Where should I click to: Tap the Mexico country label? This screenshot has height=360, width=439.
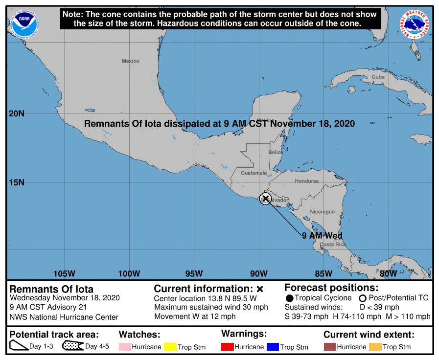[130, 61]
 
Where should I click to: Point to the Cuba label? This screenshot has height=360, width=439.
[378, 77]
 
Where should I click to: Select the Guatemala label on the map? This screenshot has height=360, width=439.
[254, 173]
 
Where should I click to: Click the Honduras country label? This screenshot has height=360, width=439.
[306, 181]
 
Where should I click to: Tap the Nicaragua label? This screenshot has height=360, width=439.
[322, 212]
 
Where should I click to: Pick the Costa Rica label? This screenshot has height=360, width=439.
[333, 244]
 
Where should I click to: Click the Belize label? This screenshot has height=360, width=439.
[276, 153]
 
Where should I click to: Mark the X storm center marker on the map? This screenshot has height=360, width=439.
[265, 198]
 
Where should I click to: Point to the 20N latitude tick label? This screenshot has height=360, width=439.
[17, 113]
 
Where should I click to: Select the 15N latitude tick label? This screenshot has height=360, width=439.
[17, 182]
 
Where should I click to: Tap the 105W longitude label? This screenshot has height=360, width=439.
[64, 273]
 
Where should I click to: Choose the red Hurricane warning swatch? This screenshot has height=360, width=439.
[228, 347]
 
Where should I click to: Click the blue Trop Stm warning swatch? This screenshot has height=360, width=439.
[273, 347]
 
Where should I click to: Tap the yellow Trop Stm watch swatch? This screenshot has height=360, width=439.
[170, 347]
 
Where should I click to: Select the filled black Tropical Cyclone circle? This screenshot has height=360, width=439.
[290, 298]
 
